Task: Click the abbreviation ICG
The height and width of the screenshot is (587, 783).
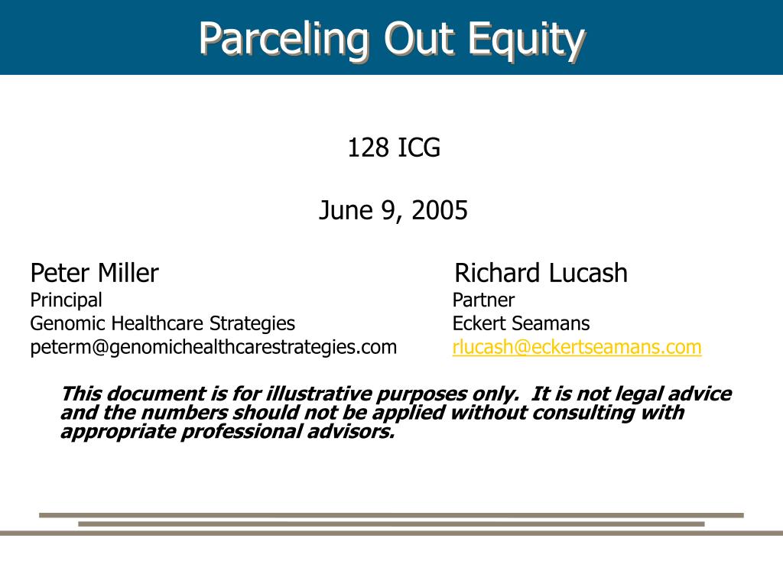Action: click(x=418, y=147)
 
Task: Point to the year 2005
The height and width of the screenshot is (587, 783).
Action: click(x=439, y=210)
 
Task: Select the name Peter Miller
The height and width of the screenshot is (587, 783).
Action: click(x=94, y=273)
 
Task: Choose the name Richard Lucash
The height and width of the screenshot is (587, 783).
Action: click(x=541, y=273)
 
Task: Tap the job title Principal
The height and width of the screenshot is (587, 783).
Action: click(x=66, y=300)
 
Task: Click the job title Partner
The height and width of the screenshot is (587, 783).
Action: click(x=483, y=300)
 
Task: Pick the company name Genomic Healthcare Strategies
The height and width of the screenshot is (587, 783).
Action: click(x=162, y=323)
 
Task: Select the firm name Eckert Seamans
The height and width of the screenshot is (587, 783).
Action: click(x=521, y=323)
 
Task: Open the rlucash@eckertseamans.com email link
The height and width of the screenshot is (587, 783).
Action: click(x=577, y=347)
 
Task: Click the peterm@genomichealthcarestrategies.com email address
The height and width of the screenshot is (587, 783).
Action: click(x=213, y=347)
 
